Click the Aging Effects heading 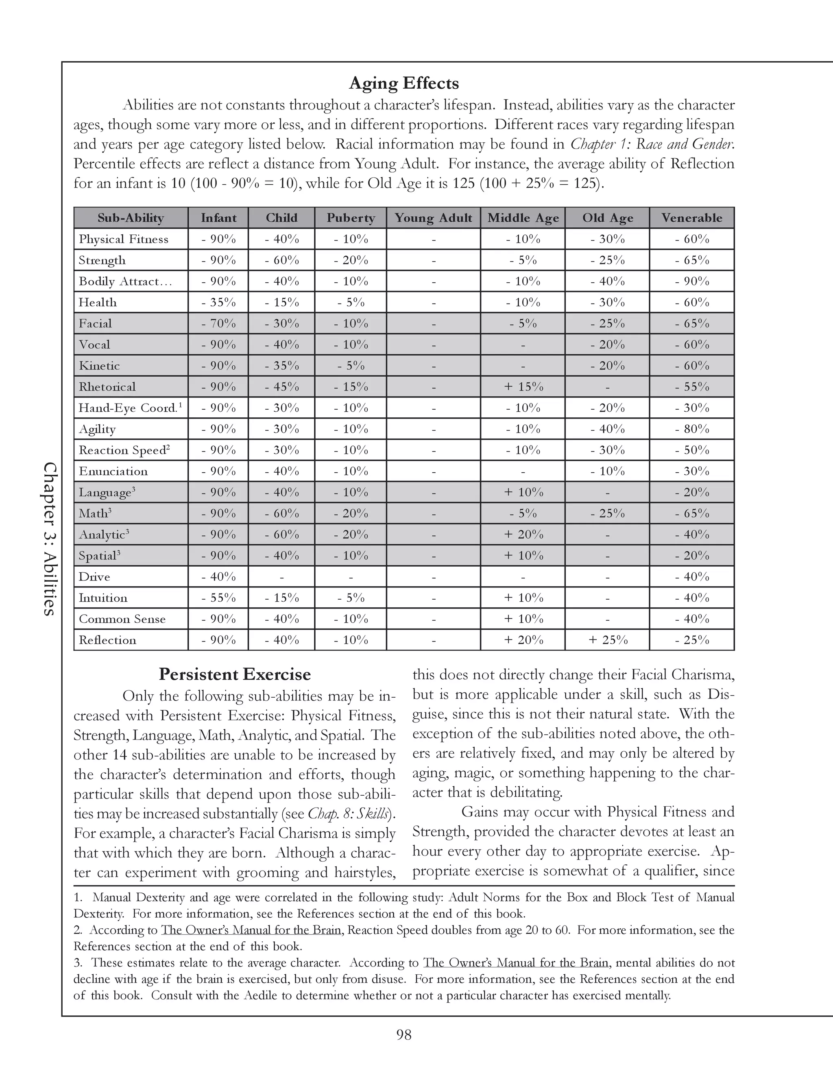pos(403,83)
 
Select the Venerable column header pos(691,218)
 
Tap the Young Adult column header pos(433,218)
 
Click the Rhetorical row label pos(107,387)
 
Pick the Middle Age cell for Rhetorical pos(523,387)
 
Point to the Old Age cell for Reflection pos(608,640)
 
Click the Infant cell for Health pos(218,303)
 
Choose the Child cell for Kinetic pos(281,366)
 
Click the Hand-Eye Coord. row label pos(128,408)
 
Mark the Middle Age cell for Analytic pos(523,535)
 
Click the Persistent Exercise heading pos(234,674)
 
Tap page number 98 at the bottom pos(403,1034)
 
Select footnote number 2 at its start pos(77,930)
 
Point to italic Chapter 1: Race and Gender pos(652,144)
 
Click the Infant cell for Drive pos(218,577)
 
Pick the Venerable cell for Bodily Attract pos(692,282)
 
